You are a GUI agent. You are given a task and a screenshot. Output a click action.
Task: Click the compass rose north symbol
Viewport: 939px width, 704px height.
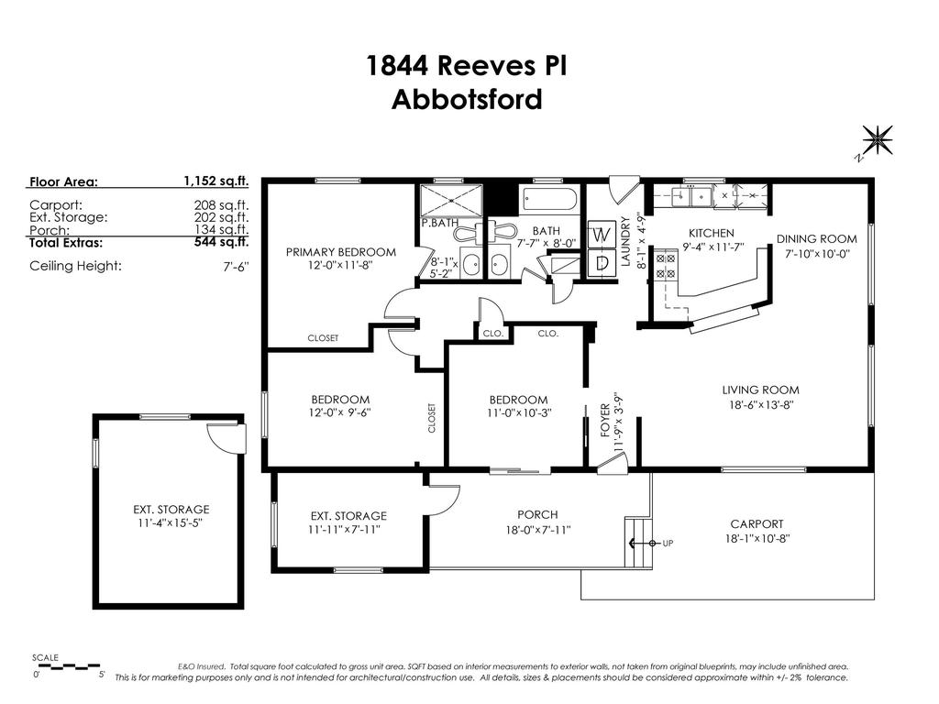pyautogui.click(x=878, y=140)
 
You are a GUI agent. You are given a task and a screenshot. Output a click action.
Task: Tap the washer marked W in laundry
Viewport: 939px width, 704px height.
pyautogui.click(x=602, y=235)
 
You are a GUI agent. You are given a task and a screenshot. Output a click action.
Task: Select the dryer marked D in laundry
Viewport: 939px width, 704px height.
pyautogui.click(x=602, y=263)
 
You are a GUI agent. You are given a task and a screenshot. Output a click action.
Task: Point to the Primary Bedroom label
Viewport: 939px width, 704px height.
pyautogui.click(x=340, y=252)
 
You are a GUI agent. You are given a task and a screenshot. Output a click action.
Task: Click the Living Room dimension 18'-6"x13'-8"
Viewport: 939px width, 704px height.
pyautogui.click(x=760, y=404)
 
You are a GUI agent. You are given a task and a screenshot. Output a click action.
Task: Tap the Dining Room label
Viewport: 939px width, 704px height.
pyautogui.click(x=816, y=239)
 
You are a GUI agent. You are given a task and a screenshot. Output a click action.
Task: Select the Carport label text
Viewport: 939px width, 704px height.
pyautogui.click(x=757, y=524)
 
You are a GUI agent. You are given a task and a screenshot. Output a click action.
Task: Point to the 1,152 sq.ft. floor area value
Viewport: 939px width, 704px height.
pyautogui.click(x=216, y=181)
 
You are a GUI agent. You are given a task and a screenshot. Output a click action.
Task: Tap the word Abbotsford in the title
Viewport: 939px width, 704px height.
pyautogui.click(x=467, y=99)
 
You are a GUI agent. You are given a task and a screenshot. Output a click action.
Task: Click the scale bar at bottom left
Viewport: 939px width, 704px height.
pyautogui.click(x=68, y=666)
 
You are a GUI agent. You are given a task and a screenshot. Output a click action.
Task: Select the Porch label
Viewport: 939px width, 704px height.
pyautogui.click(x=536, y=514)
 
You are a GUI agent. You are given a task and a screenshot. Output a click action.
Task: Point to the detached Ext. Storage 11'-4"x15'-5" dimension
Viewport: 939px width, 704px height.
pyautogui.click(x=171, y=523)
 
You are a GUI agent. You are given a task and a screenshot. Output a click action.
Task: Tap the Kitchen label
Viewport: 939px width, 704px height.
pyautogui.click(x=711, y=234)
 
